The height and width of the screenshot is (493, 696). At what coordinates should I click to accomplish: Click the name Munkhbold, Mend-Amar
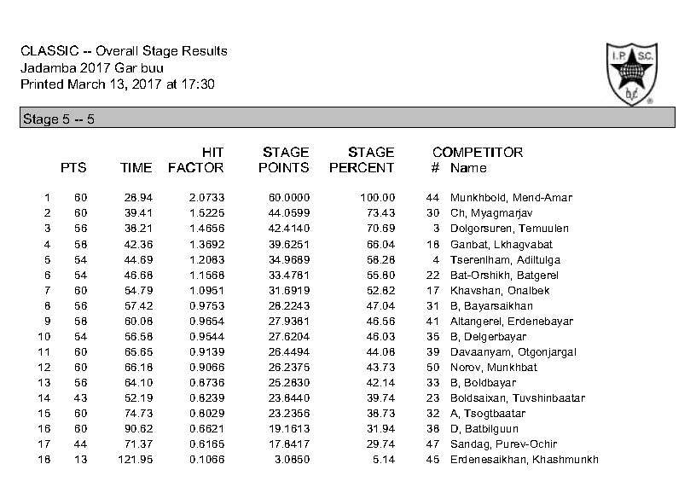(x=511, y=198)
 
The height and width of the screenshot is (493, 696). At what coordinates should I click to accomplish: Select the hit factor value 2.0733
(x=206, y=198)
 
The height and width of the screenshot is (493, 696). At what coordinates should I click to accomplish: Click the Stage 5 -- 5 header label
(x=58, y=119)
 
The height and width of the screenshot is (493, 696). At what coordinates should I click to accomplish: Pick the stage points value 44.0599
(x=288, y=213)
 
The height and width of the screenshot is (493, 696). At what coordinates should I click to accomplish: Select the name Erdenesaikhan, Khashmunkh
(x=524, y=459)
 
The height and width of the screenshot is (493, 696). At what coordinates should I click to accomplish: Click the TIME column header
(x=136, y=168)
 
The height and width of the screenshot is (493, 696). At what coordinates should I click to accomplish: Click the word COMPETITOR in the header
(x=477, y=153)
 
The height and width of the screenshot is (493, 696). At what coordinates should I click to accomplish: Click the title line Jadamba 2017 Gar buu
(x=92, y=67)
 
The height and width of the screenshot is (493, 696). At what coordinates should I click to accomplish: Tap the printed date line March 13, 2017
(x=118, y=84)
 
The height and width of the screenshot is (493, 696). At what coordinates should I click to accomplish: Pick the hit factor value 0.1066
(x=206, y=459)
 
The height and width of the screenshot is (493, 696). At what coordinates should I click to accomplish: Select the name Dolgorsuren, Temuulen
(x=508, y=229)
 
